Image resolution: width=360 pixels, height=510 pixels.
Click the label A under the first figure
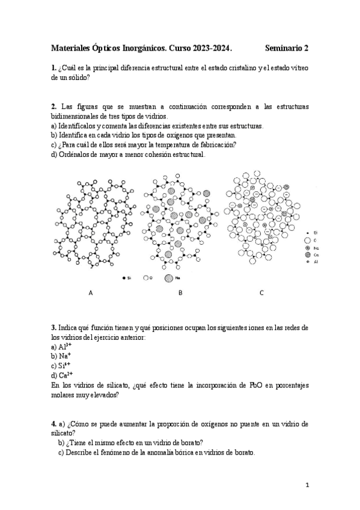pyautogui.click(x=90, y=293)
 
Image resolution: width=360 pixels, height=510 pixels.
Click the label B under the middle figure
pyautogui.click(x=180, y=293)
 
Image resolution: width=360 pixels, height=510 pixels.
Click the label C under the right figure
pyautogui.click(x=261, y=293)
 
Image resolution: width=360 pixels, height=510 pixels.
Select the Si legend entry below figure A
pyautogui.click(x=126, y=278)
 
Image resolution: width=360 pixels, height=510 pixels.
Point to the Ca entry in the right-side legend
pyautogui.click(x=311, y=254)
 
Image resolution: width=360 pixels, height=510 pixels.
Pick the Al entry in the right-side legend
pyautogui.click(x=311, y=262)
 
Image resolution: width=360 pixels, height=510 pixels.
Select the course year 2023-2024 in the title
pyautogui.click(x=210, y=48)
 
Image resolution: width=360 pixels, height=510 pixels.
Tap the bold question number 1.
pyautogui.click(x=54, y=68)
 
